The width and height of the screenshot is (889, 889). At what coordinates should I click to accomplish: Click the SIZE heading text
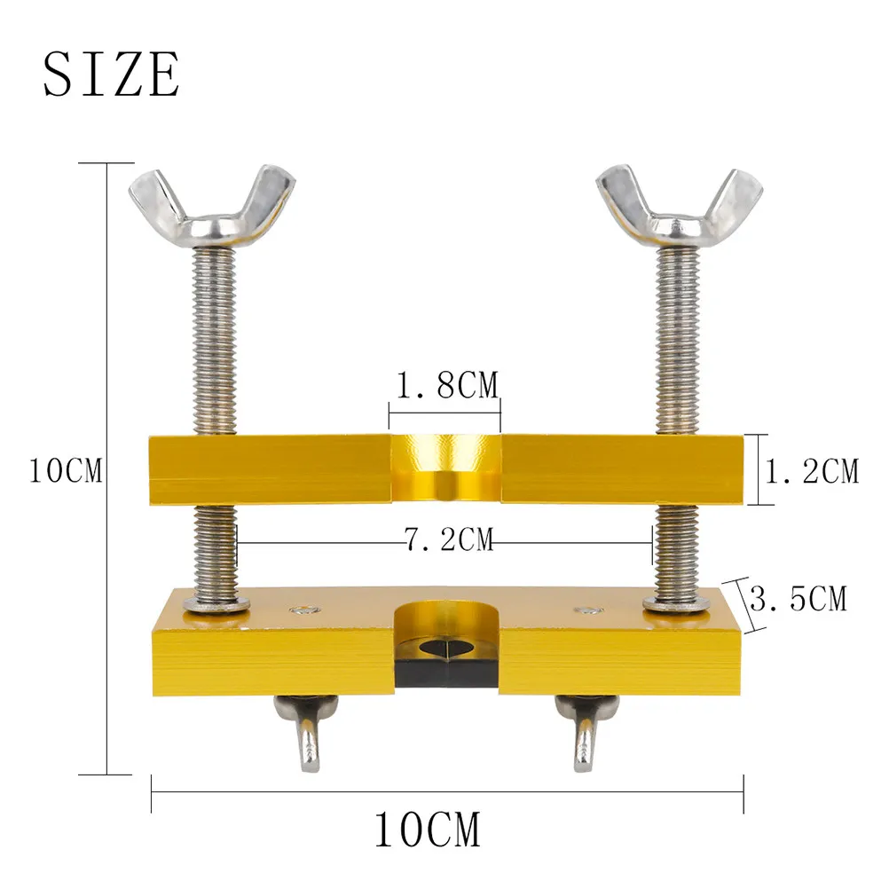tap(112, 75)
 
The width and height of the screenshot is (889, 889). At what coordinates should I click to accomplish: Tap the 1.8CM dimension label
tap(447, 385)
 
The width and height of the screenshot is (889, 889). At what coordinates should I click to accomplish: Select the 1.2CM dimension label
tap(812, 471)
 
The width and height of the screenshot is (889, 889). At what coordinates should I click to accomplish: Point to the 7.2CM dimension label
tap(448, 539)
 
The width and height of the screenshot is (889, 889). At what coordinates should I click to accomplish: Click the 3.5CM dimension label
tap(799, 598)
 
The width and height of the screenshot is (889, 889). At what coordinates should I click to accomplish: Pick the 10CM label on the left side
tap(66, 470)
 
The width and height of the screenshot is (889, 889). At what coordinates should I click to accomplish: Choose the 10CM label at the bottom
tap(428, 830)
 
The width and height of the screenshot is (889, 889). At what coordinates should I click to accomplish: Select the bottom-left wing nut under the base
tap(306, 731)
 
